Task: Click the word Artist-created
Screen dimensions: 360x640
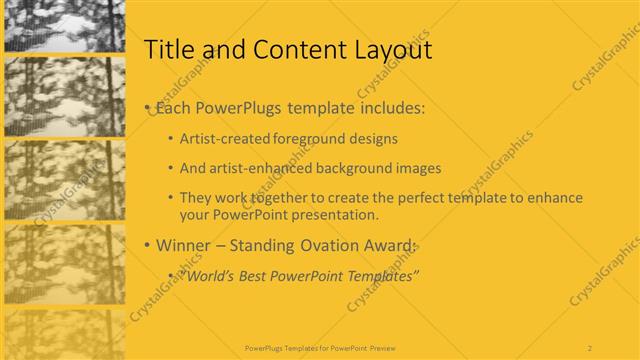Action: (x=222, y=139)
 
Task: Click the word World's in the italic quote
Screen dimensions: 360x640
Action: (x=208, y=275)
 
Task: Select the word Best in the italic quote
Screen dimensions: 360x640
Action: (x=252, y=275)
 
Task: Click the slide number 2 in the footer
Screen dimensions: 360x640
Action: (x=590, y=347)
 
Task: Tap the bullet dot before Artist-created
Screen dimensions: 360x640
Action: (x=171, y=139)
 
